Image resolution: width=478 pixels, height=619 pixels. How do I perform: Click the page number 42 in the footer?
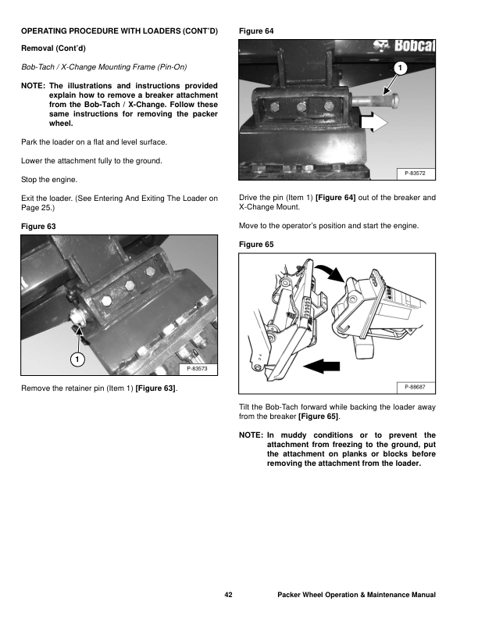(229, 595)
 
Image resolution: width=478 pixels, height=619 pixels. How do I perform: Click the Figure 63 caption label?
(39, 226)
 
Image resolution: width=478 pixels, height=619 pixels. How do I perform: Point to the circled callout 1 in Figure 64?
(399, 69)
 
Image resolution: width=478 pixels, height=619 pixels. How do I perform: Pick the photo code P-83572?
(420, 172)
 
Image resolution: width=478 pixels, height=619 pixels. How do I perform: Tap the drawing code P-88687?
(420, 387)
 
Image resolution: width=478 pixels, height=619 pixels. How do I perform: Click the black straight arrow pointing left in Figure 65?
(322, 364)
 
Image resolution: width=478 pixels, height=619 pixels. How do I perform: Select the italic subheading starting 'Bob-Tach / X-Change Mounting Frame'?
(103, 66)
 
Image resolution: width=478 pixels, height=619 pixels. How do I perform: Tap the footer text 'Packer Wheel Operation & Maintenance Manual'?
(356, 595)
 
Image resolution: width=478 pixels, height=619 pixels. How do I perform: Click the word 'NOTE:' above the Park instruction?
(32, 84)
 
